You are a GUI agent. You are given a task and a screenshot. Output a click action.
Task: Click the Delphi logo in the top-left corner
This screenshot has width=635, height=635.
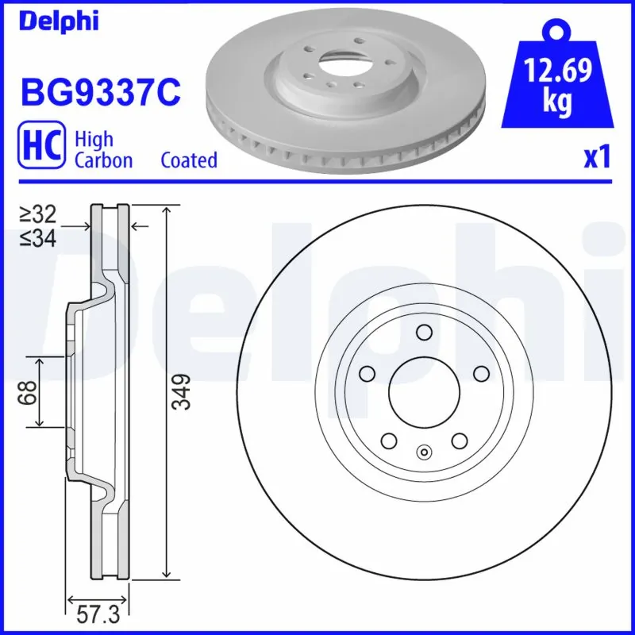pos(60,21)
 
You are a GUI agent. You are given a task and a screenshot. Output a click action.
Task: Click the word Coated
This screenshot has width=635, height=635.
pos(189,160)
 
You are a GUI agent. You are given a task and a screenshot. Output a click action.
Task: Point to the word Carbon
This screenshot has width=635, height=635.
pos(103,160)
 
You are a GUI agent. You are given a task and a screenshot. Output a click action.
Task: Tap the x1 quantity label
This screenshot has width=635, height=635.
pos(596,158)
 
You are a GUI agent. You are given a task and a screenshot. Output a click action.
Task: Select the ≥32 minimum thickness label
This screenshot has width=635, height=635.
pos(37,214)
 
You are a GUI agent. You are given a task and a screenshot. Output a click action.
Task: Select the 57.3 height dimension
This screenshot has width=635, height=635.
pos(96,615)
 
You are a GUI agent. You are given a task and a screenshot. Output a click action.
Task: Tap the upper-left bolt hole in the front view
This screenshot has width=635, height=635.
pos(367,373)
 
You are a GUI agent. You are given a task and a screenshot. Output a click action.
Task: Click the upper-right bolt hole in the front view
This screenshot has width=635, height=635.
pos(480,373)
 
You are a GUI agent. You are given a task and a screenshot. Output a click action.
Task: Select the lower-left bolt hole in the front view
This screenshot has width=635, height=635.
pos(388,440)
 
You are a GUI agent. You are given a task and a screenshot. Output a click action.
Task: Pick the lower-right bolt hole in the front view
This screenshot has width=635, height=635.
pos(459,440)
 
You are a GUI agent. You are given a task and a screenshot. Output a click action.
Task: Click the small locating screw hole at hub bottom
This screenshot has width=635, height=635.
pos(424,453)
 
